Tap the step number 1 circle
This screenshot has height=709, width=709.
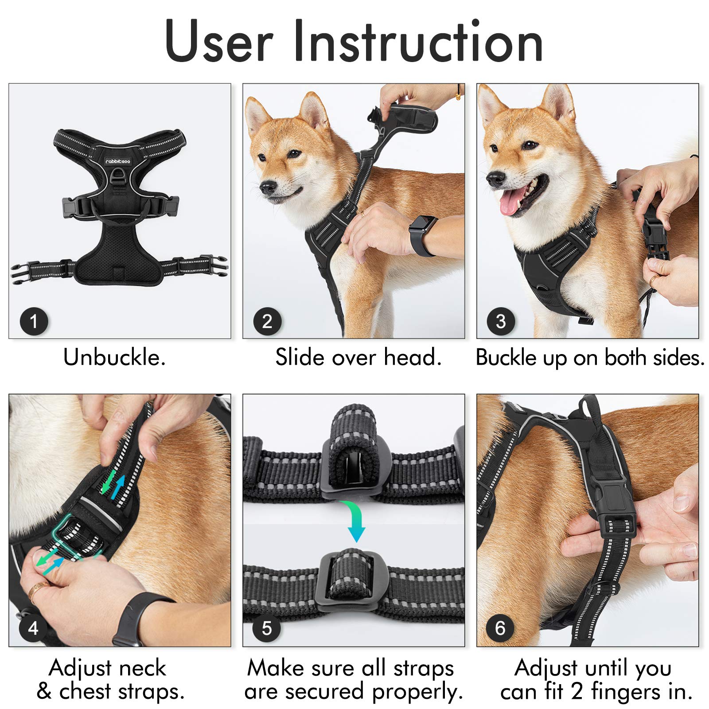34,321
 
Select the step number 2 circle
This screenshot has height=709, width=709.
267,321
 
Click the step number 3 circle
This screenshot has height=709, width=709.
501,321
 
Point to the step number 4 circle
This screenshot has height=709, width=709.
33,627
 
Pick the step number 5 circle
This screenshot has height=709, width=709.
266,627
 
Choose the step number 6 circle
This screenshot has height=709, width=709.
500,627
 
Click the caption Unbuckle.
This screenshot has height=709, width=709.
114,357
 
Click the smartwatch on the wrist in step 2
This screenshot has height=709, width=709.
421,235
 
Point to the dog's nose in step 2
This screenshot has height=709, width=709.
268,187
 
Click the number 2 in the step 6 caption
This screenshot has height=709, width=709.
577,691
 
